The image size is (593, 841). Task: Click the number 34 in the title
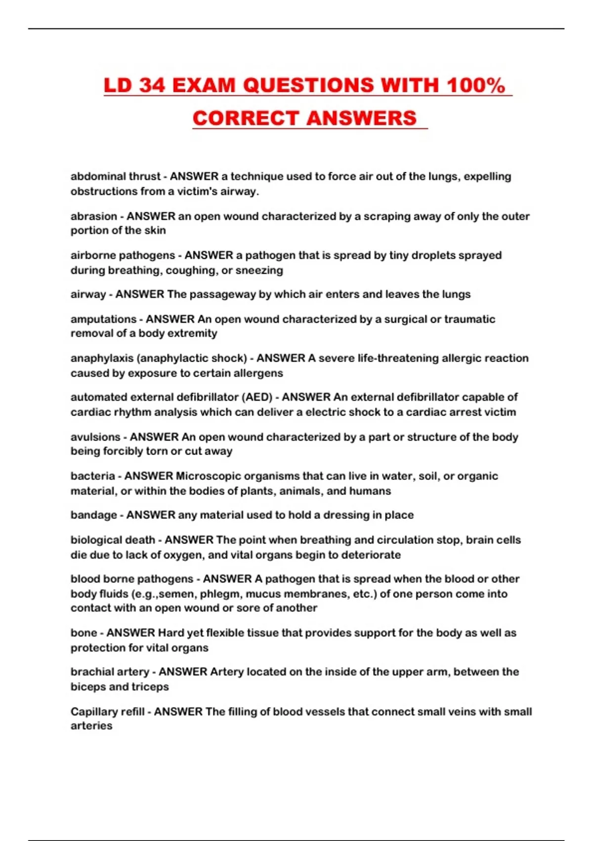pyautogui.click(x=152, y=85)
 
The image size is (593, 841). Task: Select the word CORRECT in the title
pyautogui.click(x=245, y=118)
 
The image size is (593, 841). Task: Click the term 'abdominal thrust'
pyautogui.click(x=116, y=176)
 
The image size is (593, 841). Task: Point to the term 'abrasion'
pyautogui.click(x=94, y=216)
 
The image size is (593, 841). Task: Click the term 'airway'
pyautogui.click(x=88, y=294)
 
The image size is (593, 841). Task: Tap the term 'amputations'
pyautogui.click(x=103, y=319)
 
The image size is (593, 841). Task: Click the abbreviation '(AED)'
pyautogui.click(x=257, y=397)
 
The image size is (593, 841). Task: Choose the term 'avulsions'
pyautogui.click(x=95, y=437)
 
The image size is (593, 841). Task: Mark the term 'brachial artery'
pyautogui.click(x=110, y=672)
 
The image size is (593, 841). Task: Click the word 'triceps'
pyautogui.click(x=150, y=687)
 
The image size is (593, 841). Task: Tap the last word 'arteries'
pyautogui.click(x=91, y=726)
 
